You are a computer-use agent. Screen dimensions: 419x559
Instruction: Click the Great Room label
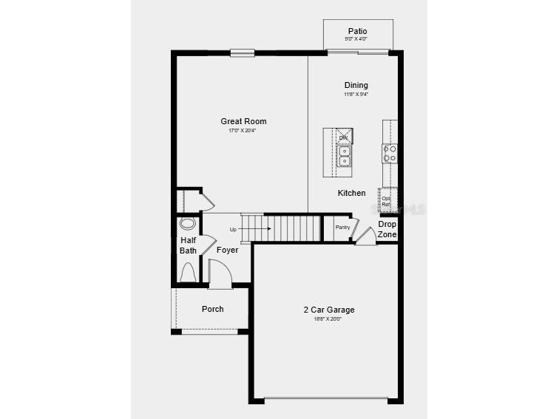click(243, 121)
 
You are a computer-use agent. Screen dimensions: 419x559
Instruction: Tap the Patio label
click(357, 31)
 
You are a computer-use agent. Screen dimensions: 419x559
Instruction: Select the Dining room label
click(356, 85)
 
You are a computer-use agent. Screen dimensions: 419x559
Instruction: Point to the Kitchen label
click(351, 193)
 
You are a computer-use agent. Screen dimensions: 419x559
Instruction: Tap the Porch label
click(212, 309)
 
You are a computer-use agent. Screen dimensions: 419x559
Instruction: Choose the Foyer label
click(227, 250)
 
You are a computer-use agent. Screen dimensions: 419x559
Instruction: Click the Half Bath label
click(189, 245)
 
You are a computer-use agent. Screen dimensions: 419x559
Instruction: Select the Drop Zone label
click(387, 229)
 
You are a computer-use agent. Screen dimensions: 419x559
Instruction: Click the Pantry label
click(342, 228)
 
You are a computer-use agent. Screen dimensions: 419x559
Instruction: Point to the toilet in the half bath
click(188, 272)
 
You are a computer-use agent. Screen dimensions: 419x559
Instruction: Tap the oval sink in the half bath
click(188, 223)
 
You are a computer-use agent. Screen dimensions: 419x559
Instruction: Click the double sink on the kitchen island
click(345, 156)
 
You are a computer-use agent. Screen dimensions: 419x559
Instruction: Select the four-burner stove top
click(390, 153)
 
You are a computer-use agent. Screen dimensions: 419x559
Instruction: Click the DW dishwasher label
click(343, 137)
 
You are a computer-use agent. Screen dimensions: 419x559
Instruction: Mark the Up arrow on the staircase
click(251, 229)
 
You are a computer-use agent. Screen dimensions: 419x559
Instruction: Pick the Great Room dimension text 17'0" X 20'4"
click(243, 131)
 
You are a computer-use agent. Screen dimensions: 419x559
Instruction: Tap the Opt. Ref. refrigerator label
click(386, 201)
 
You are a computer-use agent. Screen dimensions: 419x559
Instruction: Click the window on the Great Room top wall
click(242, 52)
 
